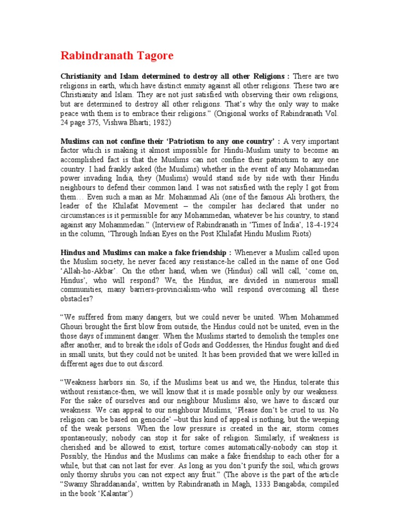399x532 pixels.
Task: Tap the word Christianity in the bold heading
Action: click(83, 75)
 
